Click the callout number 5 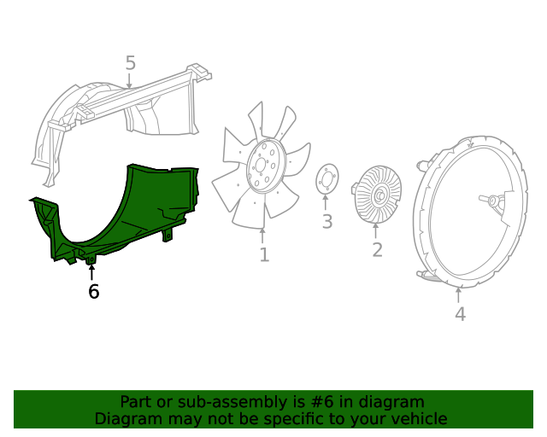tap(130, 62)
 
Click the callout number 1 tap(263, 254)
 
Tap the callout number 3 tap(326, 223)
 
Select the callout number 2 tap(377, 249)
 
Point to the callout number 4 tap(460, 314)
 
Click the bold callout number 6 tap(93, 292)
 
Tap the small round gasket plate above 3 tap(326, 181)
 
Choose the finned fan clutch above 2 tap(376, 195)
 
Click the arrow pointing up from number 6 tap(92, 272)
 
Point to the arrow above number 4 tap(459, 295)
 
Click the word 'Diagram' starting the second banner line tap(126, 418)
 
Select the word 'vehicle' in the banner tap(419, 418)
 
